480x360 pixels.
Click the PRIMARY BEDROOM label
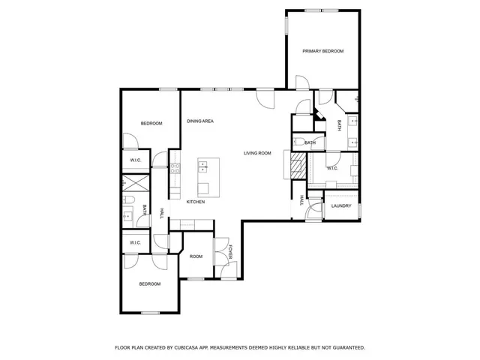[x=322, y=51]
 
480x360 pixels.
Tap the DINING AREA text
[x=201, y=121]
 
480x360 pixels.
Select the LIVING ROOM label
[x=257, y=153]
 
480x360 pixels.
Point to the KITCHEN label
[x=196, y=202]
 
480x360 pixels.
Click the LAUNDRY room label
[x=341, y=205]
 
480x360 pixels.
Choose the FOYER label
[x=231, y=253]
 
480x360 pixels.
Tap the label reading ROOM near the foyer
[x=196, y=256]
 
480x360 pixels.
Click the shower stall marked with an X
[x=136, y=182]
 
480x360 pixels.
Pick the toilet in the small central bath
[x=297, y=142]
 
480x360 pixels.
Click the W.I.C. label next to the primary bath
[x=332, y=168]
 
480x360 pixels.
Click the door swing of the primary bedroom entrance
[x=301, y=83]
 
